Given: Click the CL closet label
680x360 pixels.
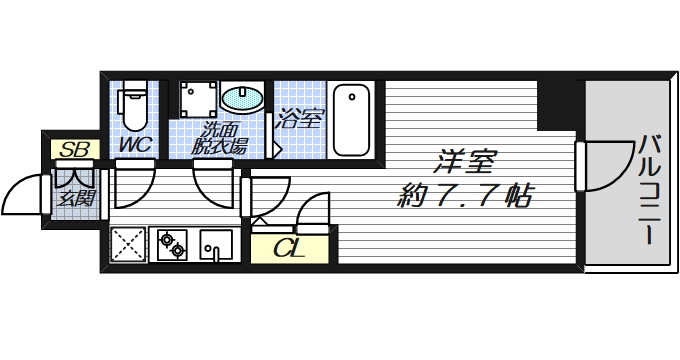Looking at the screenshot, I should point(287,247).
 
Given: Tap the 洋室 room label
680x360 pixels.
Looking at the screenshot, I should point(463,160).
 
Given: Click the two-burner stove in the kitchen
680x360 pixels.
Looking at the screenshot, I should point(172,244).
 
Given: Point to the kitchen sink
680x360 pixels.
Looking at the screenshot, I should point(216,244).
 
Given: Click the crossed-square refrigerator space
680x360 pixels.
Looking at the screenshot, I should point(128,244).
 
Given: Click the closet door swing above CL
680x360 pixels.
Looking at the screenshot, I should point(313,210).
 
